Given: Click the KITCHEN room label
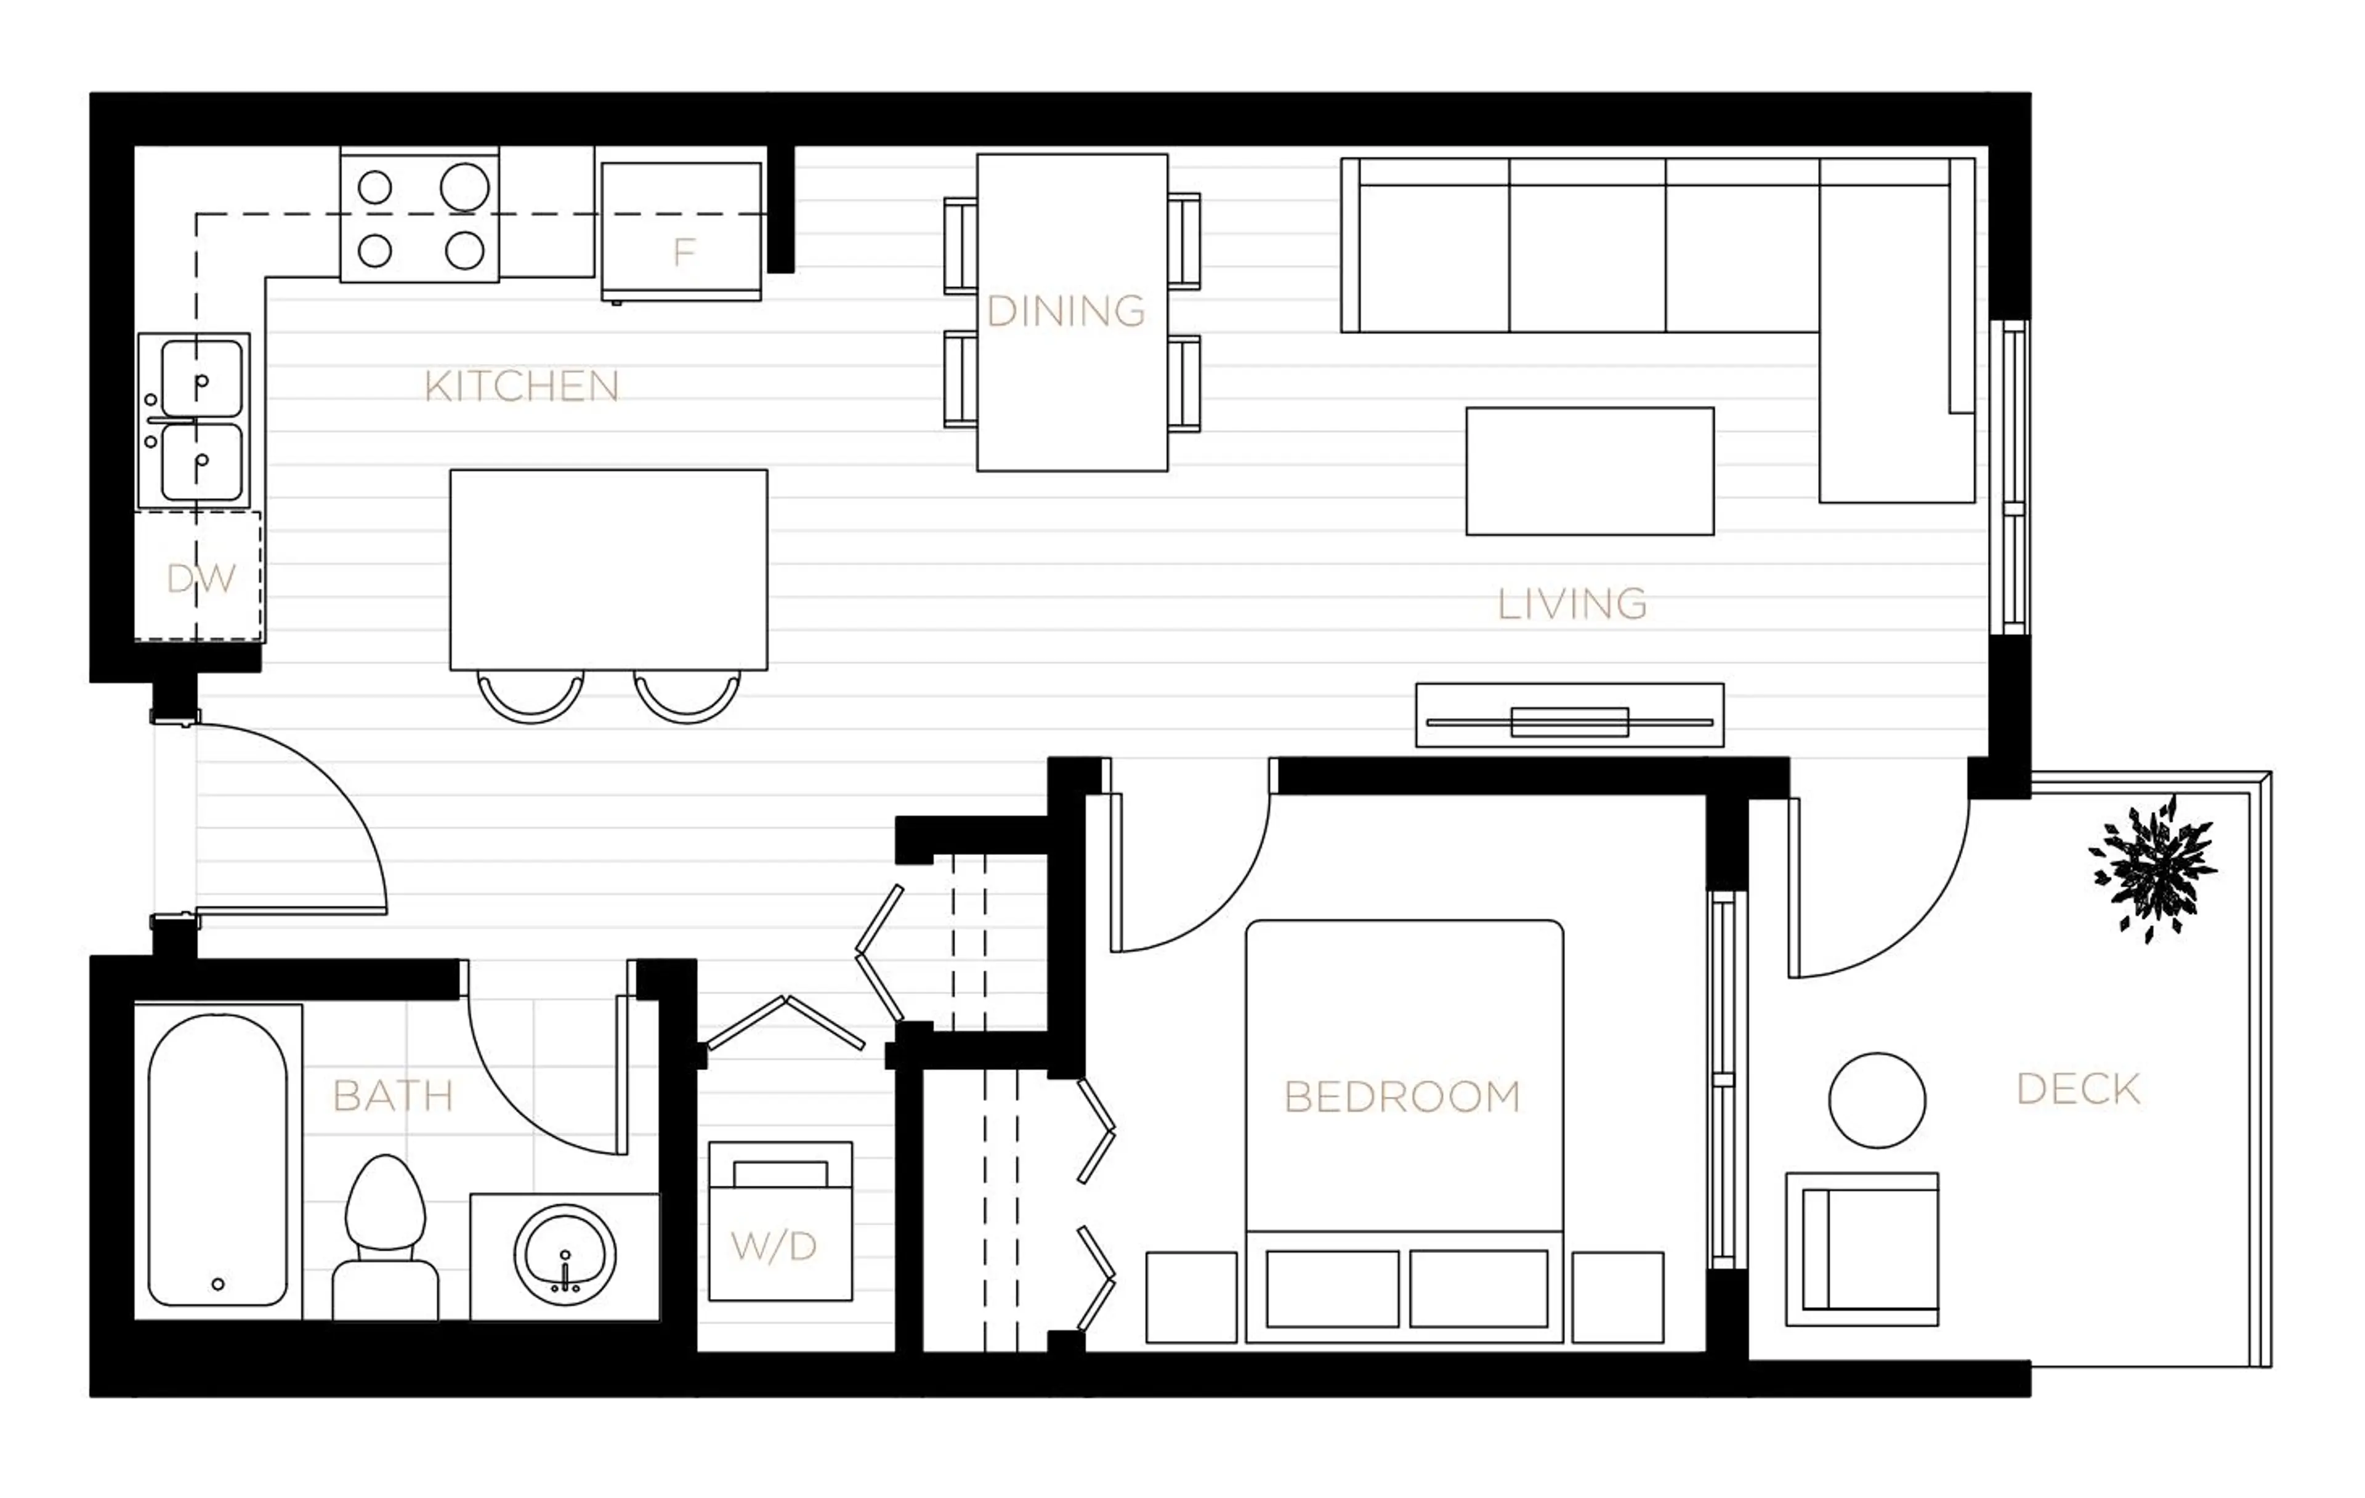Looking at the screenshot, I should coord(522,387).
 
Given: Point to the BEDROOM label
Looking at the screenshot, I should coord(1402,1097).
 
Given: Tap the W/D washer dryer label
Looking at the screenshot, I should coord(774,1247).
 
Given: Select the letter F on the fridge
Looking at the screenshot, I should coord(684,253).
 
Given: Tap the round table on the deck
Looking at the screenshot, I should coord(1877,1100).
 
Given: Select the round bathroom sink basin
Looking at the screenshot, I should coord(565,1255).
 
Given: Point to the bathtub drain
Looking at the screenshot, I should coord(218,1284).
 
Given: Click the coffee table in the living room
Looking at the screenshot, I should coord(1589,471).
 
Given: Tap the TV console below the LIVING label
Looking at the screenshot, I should coord(1569,715).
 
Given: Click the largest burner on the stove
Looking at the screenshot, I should coord(464,187).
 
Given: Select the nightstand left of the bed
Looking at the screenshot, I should coord(1191,1297).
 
